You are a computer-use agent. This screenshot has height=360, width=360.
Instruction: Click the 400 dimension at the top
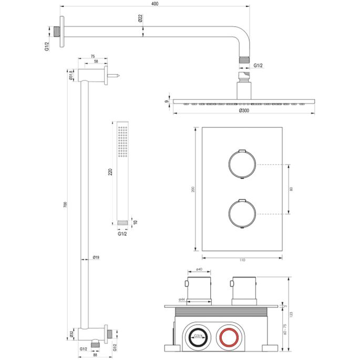click(x=154, y=4)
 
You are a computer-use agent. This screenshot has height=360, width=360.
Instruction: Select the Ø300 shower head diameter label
click(x=243, y=111)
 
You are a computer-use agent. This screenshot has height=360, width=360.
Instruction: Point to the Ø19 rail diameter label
click(x=96, y=258)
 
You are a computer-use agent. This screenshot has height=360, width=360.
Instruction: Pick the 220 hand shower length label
click(x=110, y=173)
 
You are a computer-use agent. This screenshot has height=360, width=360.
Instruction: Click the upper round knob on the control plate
click(x=241, y=163)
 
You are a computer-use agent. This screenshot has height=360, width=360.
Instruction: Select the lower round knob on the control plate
click(x=241, y=214)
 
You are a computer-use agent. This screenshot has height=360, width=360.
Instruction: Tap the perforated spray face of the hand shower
click(x=122, y=141)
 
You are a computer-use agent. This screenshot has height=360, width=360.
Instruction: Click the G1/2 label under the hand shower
click(x=122, y=235)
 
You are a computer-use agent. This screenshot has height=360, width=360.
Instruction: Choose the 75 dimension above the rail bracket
click(x=92, y=56)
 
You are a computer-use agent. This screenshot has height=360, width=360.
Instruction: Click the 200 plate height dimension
click(x=193, y=189)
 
